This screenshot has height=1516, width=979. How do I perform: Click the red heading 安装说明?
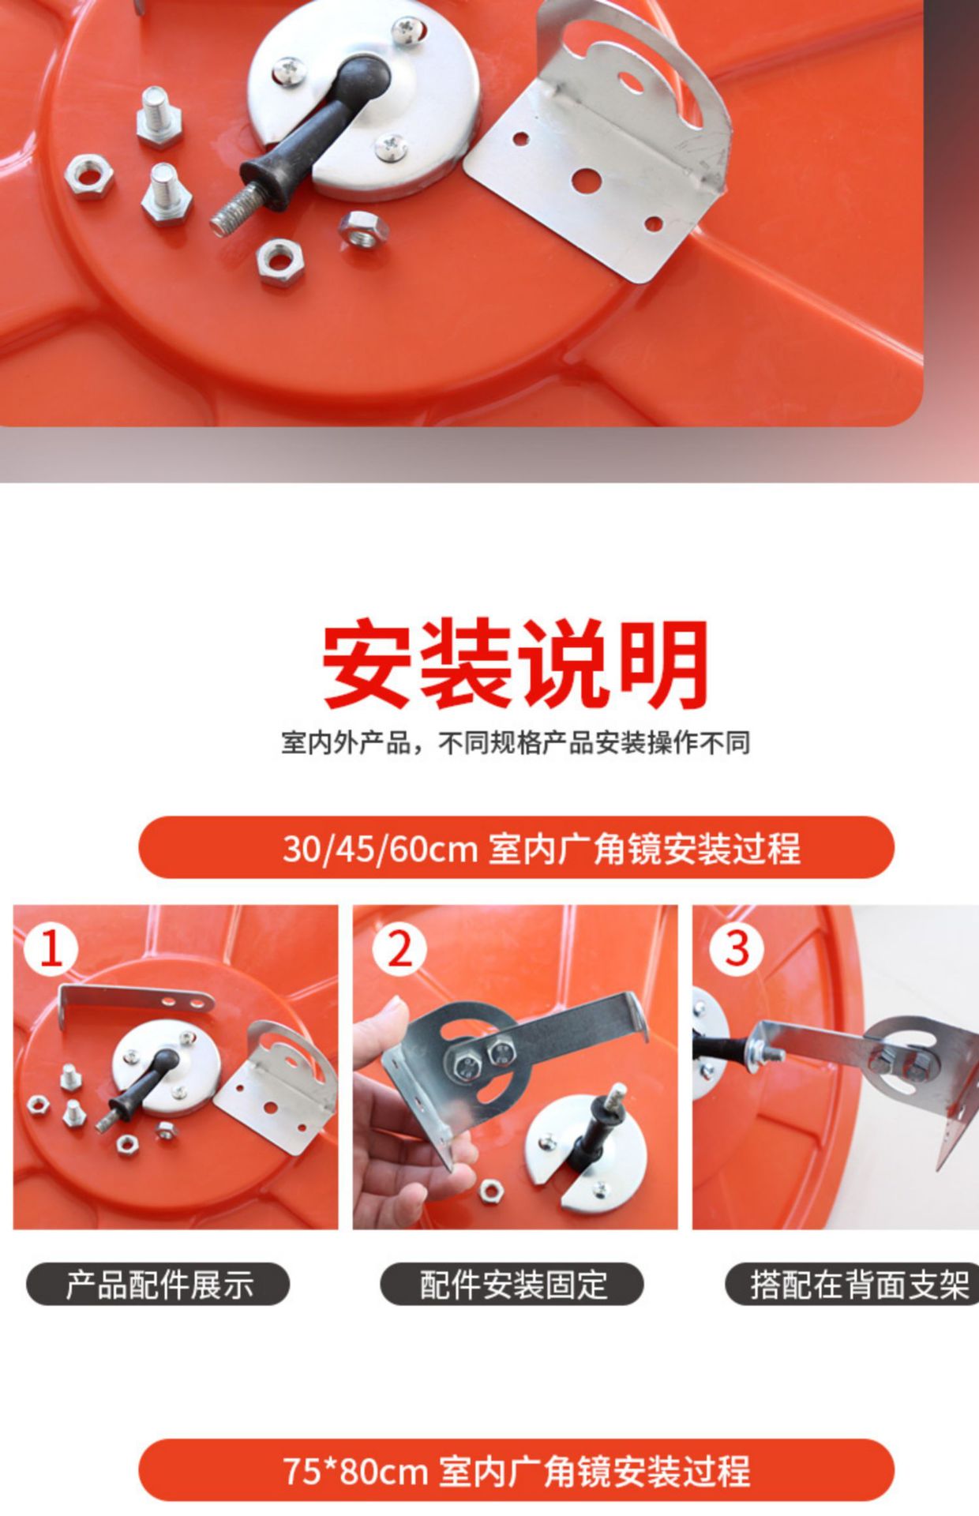coord(515,663)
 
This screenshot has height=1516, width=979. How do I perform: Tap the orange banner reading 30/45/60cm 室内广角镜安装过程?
coord(516,848)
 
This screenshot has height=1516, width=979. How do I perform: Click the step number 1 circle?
coord(51,948)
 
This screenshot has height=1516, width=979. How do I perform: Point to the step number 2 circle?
coord(399,948)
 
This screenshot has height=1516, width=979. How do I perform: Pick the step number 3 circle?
coord(736,948)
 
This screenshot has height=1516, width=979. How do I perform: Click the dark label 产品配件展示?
coord(158,1285)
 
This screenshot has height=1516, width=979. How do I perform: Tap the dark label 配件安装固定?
coord(512,1285)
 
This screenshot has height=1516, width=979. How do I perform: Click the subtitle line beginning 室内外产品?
coord(515,743)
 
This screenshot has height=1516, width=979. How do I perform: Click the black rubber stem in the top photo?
coord(316,134)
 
